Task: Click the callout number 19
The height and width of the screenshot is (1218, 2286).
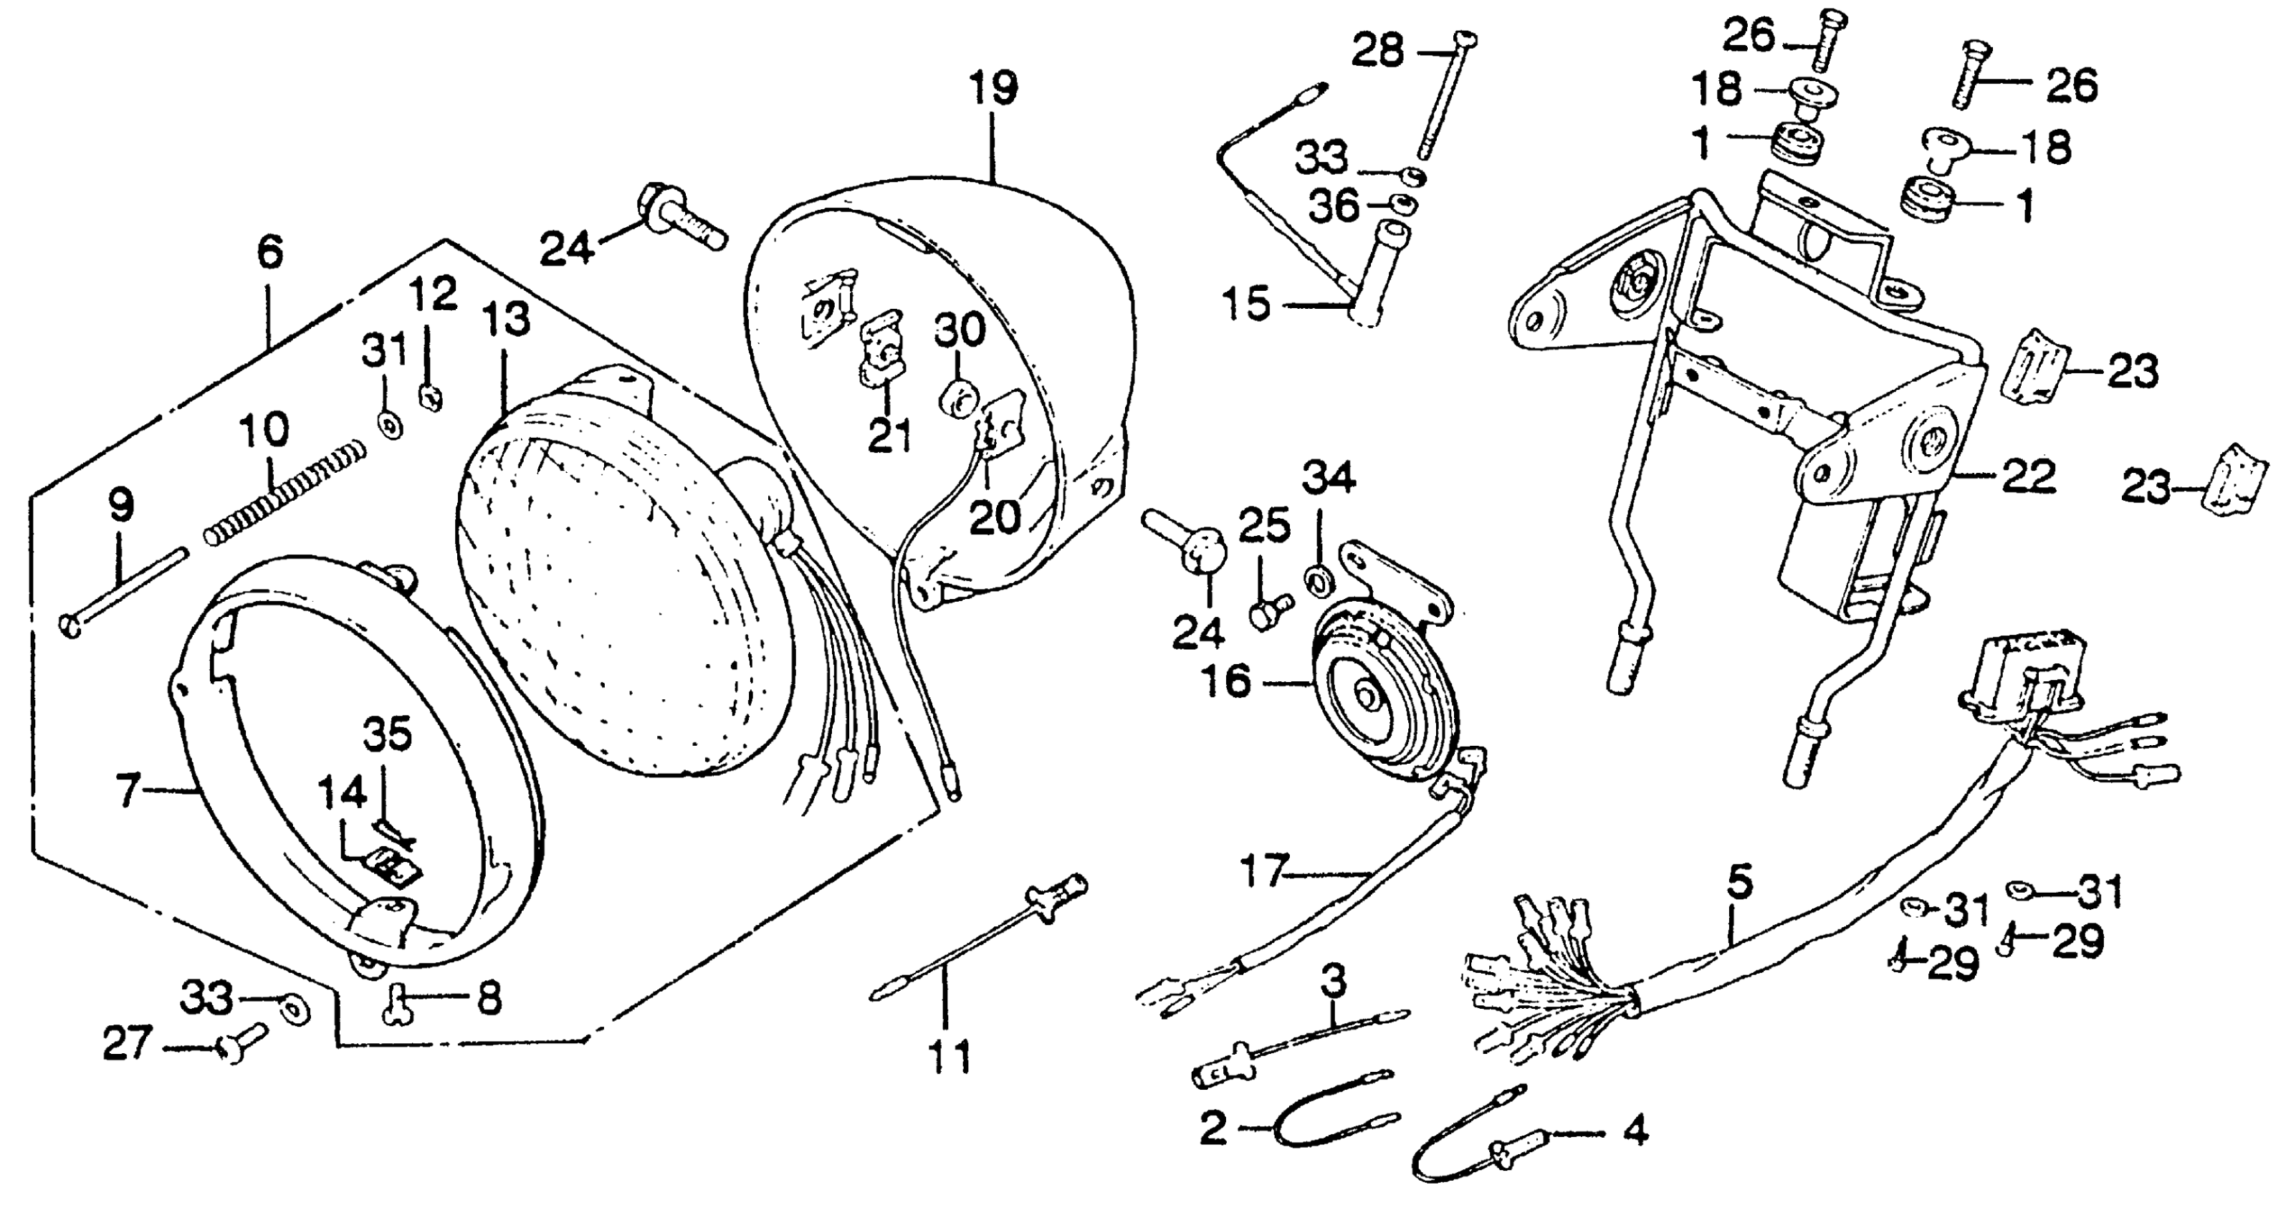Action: coord(993,90)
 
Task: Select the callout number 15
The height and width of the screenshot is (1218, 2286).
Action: coord(1246,305)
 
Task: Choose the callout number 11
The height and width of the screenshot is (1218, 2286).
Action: coord(950,1058)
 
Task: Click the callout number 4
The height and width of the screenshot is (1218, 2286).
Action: coord(1635,1131)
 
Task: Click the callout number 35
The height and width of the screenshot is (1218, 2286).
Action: coord(388,734)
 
